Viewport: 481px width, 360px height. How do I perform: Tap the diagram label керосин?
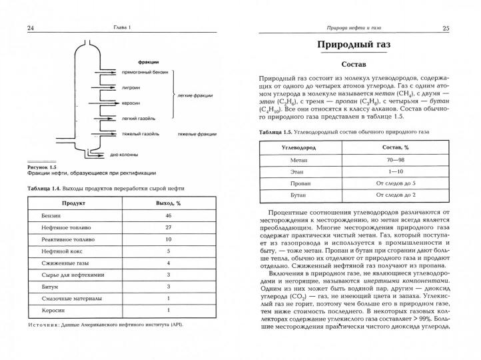[131, 103]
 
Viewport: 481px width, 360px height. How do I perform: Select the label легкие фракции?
[195, 95]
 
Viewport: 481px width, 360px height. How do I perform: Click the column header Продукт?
[73, 201]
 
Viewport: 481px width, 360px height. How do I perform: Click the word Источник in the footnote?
[45, 325]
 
